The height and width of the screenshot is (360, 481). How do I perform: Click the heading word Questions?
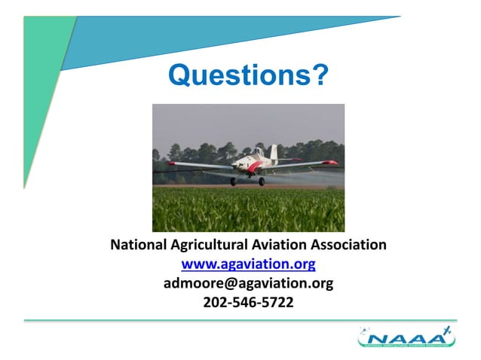coord(248,75)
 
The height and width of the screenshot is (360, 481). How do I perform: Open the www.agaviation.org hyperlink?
coord(248,264)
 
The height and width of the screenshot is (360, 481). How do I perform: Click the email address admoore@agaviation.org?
coord(248,284)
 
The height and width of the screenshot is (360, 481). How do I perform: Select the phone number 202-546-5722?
coord(248,303)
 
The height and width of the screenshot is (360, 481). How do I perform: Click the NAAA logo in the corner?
coord(406,337)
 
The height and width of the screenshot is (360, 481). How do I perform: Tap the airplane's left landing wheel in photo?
coord(234,182)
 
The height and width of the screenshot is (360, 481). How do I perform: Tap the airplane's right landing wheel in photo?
coord(262,182)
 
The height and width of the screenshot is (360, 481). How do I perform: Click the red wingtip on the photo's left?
coord(173,163)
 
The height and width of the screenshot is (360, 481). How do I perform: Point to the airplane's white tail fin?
coord(274,153)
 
